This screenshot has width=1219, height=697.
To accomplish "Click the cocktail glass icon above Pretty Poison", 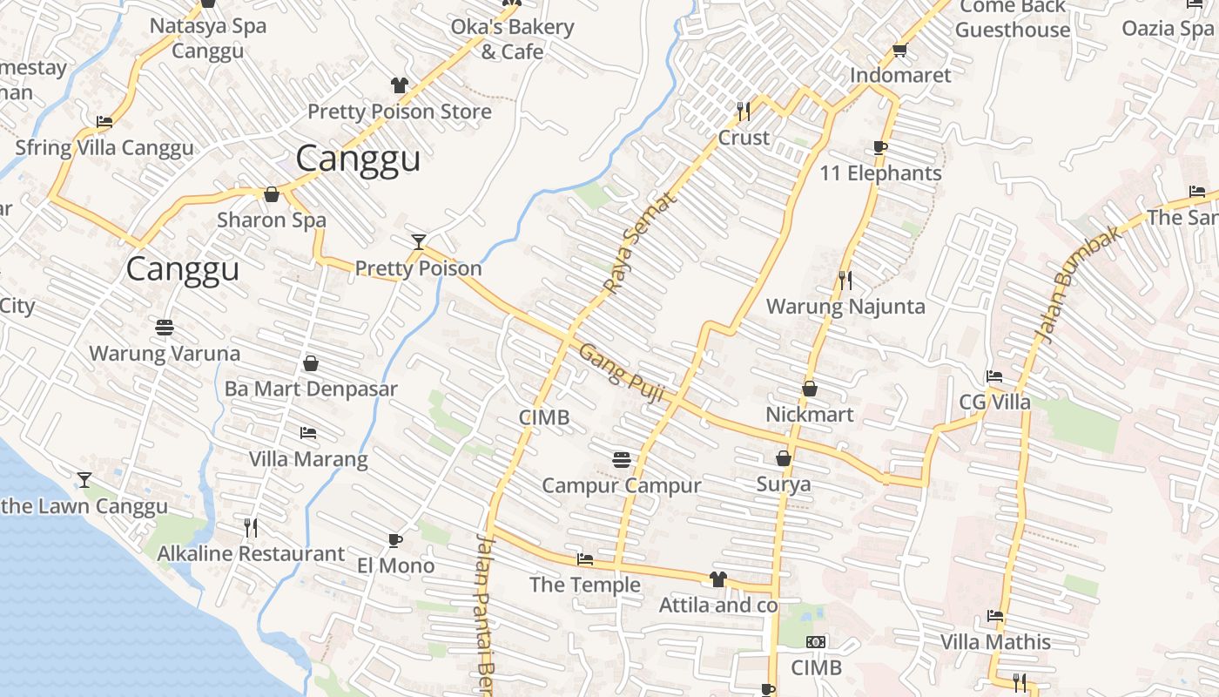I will tap(419, 241).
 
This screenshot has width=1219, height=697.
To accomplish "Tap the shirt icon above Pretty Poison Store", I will tap(400, 85).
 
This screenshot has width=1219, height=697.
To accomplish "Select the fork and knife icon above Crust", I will tap(744, 111).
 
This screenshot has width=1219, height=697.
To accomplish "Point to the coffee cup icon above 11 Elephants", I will tap(880, 147).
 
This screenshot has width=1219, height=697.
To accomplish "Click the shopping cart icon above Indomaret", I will tap(900, 50).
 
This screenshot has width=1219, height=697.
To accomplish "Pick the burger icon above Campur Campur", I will tap(621, 458).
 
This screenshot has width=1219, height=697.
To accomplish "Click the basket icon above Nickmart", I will tap(810, 388).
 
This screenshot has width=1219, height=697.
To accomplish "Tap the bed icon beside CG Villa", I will tap(994, 376).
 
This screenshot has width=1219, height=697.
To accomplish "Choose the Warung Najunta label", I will tap(845, 307).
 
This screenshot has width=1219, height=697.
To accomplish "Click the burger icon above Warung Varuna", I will tap(165, 328).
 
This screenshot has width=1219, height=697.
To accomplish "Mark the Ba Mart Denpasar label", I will tap(311, 389).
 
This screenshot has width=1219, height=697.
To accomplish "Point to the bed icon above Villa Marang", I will tap(308, 432).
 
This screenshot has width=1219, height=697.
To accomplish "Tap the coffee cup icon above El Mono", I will tap(395, 540).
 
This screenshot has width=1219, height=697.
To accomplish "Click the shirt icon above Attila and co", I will tap(717, 579).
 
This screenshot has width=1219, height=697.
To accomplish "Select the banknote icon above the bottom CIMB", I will tap(816, 642).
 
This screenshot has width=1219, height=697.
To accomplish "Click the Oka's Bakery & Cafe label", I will tap(512, 39).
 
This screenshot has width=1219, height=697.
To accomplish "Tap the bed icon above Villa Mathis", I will tap(995, 616).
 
